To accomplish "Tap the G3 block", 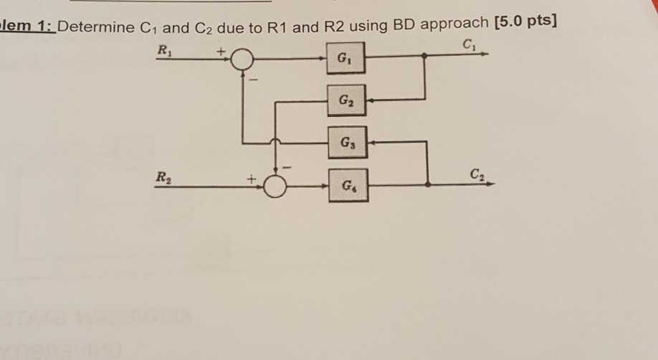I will (x=347, y=142).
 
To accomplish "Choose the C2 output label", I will (x=477, y=173).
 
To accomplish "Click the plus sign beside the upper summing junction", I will (x=222, y=51).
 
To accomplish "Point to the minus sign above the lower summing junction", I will (x=290, y=166).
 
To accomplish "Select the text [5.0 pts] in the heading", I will (x=525, y=26).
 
